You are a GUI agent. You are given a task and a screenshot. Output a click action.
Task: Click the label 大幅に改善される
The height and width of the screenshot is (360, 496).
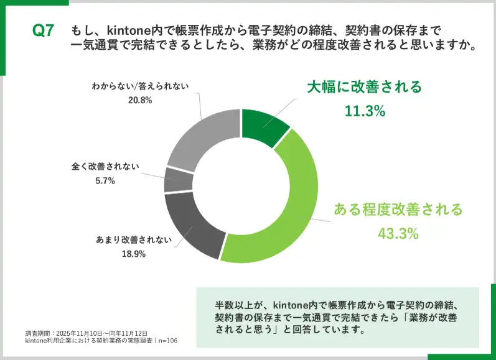point(365,86)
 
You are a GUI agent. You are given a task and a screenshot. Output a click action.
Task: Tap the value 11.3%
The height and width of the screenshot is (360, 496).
point(365,111)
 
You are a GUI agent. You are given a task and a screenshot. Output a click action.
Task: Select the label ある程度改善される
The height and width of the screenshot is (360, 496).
point(398,209)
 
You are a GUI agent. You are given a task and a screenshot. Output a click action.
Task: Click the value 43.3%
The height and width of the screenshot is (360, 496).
point(398,234)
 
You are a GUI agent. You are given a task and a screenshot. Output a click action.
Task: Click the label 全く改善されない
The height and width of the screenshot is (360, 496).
point(105,167)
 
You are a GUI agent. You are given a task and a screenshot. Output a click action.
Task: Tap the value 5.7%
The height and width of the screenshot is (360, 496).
point(105,181)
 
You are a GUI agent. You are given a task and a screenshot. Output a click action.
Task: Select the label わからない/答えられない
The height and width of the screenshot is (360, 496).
point(139,86)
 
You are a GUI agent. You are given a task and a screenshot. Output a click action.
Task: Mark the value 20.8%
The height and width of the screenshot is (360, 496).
point(139,99)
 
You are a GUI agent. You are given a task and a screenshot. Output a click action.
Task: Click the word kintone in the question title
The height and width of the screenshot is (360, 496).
point(128,30)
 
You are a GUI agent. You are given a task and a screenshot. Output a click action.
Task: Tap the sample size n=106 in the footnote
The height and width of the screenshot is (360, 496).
point(164,341)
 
